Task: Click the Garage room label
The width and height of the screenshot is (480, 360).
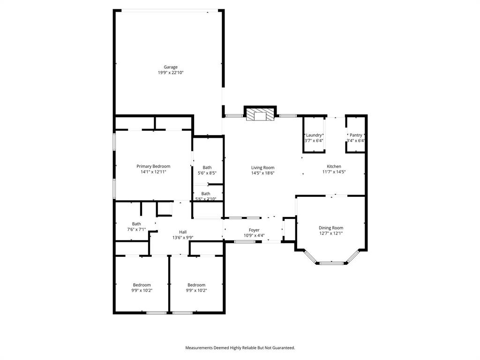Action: pyautogui.click(x=171, y=67)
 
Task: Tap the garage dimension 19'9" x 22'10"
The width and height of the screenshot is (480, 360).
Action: pyautogui.click(x=171, y=73)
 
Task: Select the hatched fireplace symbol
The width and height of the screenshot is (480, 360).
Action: pyautogui.click(x=260, y=115)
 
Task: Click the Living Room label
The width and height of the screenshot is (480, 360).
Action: pyautogui.click(x=262, y=167)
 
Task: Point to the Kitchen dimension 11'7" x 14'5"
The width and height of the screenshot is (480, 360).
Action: pyautogui.click(x=334, y=172)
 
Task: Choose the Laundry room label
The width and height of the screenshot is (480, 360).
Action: pyautogui.click(x=314, y=135)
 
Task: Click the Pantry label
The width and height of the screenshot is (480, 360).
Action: pyautogui.click(x=356, y=135)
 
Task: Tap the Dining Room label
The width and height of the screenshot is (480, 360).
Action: pyautogui.click(x=331, y=228)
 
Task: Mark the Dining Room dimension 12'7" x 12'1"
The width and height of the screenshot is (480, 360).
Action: pyautogui.click(x=331, y=233)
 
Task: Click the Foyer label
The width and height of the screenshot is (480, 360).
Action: pyautogui.click(x=254, y=230)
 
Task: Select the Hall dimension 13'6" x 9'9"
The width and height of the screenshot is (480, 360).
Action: pyautogui.click(x=183, y=237)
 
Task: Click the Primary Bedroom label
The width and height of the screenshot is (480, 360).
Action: pyautogui.click(x=153, y=166)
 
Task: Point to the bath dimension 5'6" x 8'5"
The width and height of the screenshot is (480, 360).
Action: pyautogui.click(x=207, y=173)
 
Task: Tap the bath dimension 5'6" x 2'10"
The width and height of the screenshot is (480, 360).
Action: pyautogui.click(x=206, y=199)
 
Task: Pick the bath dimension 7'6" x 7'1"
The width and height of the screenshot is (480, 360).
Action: pyautogui.click(x=136, y=230)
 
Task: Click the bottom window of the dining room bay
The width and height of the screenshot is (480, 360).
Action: pyautogui.click(x=332, y=263)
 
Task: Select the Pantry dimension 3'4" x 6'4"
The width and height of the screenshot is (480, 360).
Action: pyautogui.click(x=356, y=141)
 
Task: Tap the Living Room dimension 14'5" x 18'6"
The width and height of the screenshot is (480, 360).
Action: pyautogui.click(x=262, y=173)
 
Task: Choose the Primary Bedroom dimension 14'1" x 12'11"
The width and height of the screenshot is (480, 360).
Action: pyautogui.click(x=153, y=172)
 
